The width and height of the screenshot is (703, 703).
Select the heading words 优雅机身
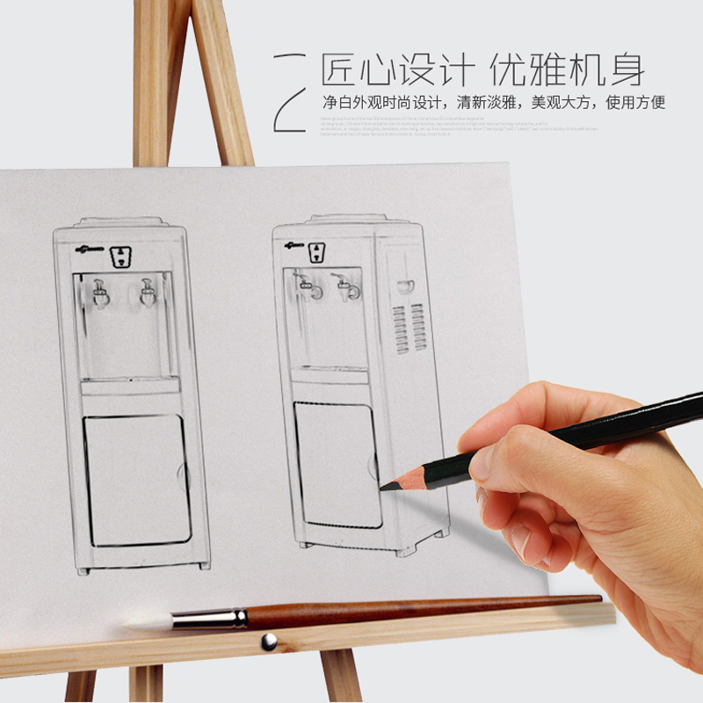pyautogui.click(x=567, y=69)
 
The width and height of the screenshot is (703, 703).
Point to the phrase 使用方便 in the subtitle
pyautogui.click(x=635, y=103)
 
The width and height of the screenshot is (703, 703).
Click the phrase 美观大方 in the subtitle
pyautogui.click(x=557, y=103)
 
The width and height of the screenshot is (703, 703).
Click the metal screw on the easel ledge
pyautogui.click(x=269, y=641)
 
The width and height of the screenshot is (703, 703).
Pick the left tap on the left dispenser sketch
pyautogui.click(x=100, y=293)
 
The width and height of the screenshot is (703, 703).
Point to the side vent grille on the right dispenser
pyautogui.click(x=408, y=328)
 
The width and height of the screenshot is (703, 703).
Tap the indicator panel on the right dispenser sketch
pyautogui.click(x=316, y=253)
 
